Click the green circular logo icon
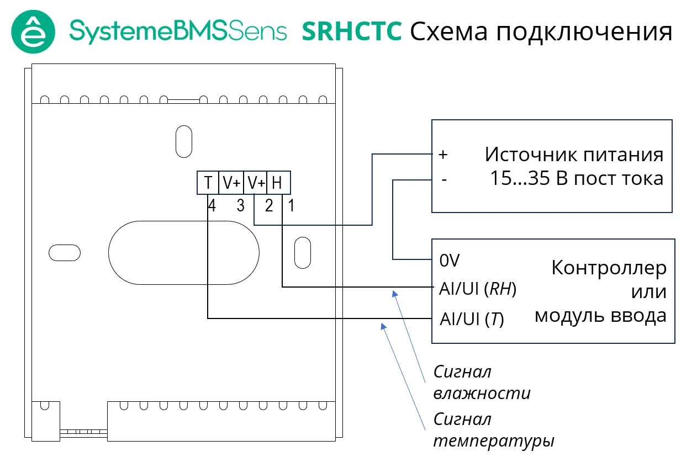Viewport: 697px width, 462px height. tap(33, 31)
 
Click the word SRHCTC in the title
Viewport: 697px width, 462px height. tap(352, 32)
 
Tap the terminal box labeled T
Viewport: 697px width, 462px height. tap(208, 183)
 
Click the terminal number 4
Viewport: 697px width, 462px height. tap(212, 206)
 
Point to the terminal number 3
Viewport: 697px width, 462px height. tap(240, 206)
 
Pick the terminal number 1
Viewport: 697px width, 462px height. tap(291, 206)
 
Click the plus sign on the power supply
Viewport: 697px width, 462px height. tap(442, 155)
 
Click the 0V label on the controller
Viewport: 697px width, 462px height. tap(450, 260)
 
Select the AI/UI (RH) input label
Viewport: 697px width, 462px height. tap(478, 289)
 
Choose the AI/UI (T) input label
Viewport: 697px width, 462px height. tap(472, 319)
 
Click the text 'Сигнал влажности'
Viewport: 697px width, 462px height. tap(482, 382)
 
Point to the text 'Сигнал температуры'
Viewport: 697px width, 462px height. tap(494, 430)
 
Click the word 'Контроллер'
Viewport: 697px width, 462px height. tap(609, 268)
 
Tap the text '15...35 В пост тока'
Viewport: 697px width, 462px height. tap(577, 179)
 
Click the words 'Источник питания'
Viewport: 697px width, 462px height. tap(574, 154)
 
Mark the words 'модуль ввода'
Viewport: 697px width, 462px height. tap(600, 316)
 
